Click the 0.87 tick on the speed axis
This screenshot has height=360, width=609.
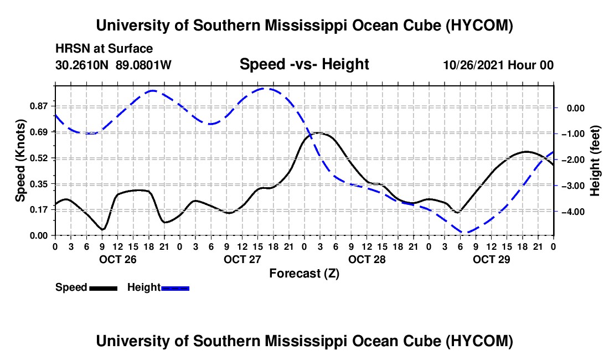tap(39, 106)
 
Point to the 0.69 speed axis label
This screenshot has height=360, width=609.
tap(39, 132)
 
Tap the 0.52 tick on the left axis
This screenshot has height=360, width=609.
tap(39, 158)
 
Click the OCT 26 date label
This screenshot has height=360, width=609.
tap(118, 259)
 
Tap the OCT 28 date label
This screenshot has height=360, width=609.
tap(367, 259)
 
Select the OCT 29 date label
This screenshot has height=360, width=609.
tap(491, 259)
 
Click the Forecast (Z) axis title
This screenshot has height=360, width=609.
tap(304, 274)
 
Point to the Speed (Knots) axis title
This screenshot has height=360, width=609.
tap(20, 160)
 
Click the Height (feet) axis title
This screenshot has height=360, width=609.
tap(595, 161)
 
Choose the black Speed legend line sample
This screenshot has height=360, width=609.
tap(104, 288)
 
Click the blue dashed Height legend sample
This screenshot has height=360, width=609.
tap(175, 288)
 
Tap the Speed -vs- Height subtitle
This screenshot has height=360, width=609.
tap(304, 64)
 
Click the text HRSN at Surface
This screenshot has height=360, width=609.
tap(104, 49)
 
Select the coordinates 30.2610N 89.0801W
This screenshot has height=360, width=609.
tap(113, 65)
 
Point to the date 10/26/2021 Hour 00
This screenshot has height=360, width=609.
tap(498, 65)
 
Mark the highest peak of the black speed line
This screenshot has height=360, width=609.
tap(318, 133)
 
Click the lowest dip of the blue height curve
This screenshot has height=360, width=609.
tap(466, 233)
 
